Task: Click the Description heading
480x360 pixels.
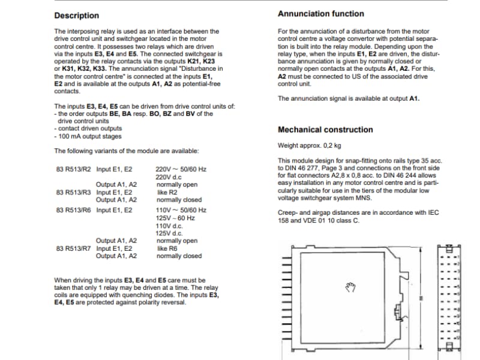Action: coord(77,15)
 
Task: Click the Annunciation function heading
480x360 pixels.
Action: coord(321,13)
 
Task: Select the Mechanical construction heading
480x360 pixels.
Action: coord(325,130)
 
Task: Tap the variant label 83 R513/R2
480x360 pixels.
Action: coord(73,170)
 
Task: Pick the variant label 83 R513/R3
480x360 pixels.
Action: coord(73,193)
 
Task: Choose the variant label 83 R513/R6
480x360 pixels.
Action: coord(73,211)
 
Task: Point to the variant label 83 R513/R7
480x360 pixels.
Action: coord(73,248)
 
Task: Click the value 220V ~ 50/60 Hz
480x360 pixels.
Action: coord(181,170)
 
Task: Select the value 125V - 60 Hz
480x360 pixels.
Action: coord(175,218)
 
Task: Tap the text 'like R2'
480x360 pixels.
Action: coord(167,193)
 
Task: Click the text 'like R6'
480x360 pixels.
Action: coord(167,248)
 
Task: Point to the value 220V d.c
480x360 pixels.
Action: coord(168,178)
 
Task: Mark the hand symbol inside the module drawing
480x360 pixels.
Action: coord(351,288)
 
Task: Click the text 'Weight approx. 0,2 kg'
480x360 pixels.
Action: coord(310,145)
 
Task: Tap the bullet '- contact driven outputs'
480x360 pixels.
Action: coord(88,128)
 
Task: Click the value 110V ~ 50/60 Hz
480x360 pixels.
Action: coord(181,211)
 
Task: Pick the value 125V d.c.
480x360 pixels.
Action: coord(168,233)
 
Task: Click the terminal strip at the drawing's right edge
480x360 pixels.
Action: coord(449,297)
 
